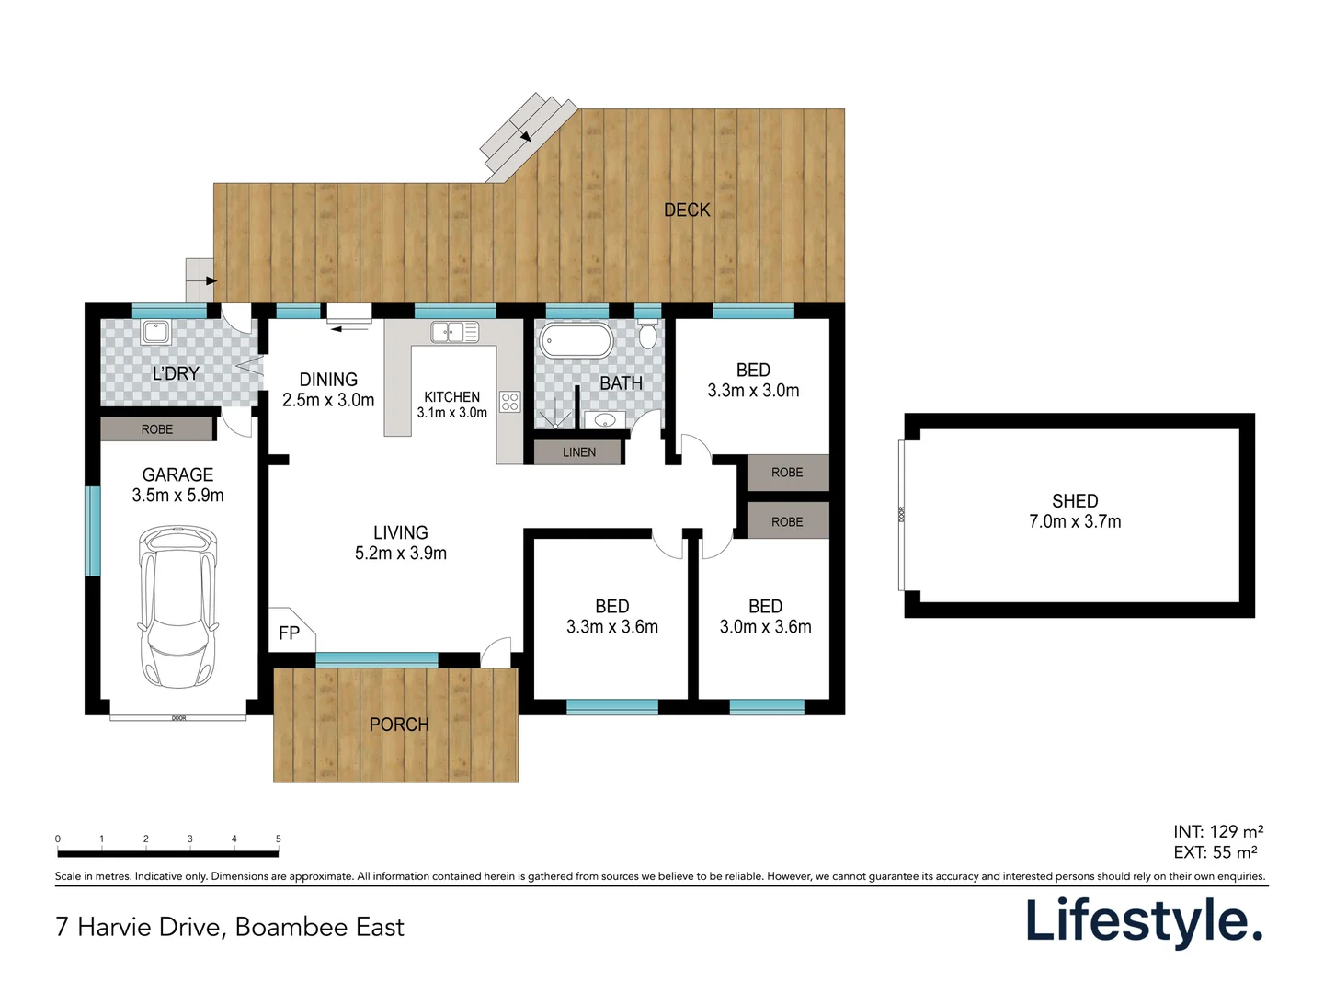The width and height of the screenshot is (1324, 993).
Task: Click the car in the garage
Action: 177,607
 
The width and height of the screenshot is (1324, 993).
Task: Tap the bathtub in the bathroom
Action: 576,340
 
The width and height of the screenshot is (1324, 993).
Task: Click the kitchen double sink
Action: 454,332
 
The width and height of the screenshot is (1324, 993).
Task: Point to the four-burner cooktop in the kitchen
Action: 510,402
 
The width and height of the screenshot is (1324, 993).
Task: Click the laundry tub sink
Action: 155,332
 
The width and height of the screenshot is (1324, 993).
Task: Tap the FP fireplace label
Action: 289,633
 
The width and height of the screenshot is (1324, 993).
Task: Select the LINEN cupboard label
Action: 579,452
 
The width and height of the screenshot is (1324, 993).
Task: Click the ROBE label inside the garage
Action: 157,429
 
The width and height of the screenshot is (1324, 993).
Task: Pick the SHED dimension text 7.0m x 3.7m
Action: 1075,521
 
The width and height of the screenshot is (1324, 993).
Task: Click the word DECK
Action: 687,211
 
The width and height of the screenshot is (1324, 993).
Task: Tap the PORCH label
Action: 399,725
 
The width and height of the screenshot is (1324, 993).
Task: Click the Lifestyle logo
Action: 1145,921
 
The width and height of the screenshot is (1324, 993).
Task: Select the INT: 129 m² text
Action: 1217,832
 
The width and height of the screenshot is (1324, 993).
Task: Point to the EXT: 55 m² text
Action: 1216,852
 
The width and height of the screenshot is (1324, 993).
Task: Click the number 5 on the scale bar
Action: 278,839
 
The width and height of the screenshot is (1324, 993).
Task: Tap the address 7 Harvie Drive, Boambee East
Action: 230,927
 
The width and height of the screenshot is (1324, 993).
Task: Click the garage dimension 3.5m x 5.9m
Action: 177,496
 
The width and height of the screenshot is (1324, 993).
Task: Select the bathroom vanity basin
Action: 605,421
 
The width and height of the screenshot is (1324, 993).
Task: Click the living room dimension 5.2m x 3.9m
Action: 401,554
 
